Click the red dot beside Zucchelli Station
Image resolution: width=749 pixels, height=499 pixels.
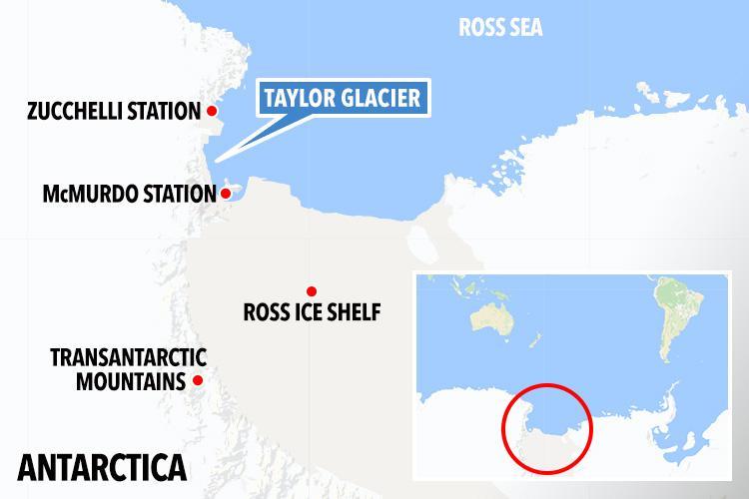pyautogui.click(x=211, y=111)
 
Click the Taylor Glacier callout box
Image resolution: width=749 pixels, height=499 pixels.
pyautogui.click(x=340, y=98)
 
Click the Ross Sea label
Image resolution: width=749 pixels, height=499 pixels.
pyautogui.click(x=500, y=27)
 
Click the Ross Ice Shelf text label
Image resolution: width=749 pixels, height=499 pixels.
pyautogui.click(x=312, y=313)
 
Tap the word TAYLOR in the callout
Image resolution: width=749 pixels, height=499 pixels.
pyautogui.click(x=297, y=98)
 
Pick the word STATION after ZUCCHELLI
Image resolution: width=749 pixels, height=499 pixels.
pyautogui.click(x=163, y=111)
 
